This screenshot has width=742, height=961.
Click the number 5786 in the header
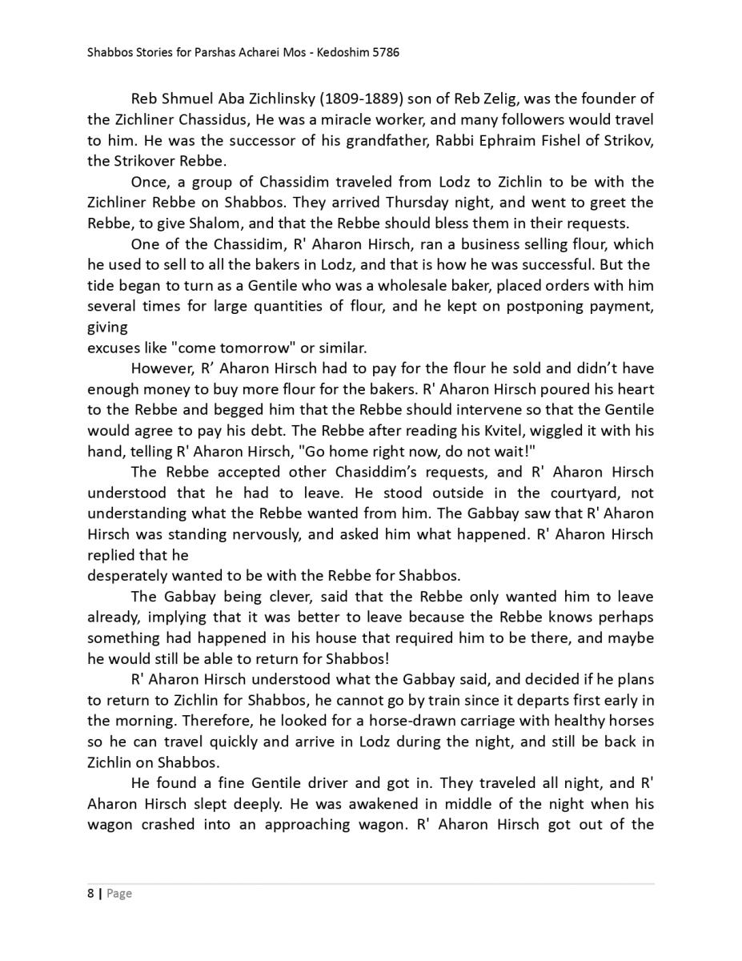383,53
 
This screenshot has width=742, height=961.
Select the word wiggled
570,431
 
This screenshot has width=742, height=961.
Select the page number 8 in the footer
90,894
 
